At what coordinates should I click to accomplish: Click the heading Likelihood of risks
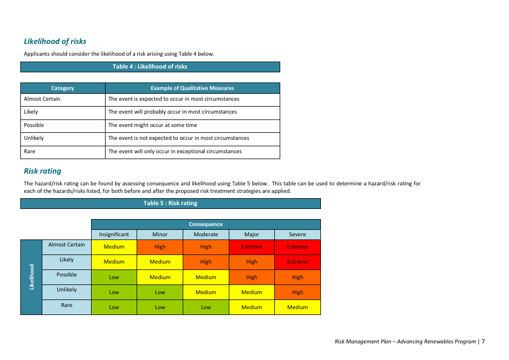[55, 41]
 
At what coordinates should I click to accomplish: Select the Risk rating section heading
[42, 171]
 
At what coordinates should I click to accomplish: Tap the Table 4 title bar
[150, 67]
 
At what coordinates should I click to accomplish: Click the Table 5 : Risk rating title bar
[170, 204]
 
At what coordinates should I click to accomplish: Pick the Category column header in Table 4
[63, 88]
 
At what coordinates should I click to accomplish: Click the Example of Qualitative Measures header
[192, 88]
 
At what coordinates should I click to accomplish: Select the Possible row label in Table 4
[34, 125]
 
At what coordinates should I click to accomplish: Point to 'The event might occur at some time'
[153, 125]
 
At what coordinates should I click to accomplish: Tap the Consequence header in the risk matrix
[206, 224]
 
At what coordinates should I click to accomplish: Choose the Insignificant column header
[114, 235]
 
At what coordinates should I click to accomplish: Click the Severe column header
[297, 235]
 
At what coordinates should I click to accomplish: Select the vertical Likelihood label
[31, 277]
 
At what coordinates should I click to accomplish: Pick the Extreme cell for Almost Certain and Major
[251, 247]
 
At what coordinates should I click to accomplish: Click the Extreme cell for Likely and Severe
[297, 262]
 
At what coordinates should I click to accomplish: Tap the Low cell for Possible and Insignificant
[114, 277]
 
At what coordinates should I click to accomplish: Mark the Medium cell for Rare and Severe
[297, 307]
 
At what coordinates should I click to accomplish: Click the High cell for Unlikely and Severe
[297, 292]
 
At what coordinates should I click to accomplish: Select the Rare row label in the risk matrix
[66, 305]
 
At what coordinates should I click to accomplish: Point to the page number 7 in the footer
[483, 341]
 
